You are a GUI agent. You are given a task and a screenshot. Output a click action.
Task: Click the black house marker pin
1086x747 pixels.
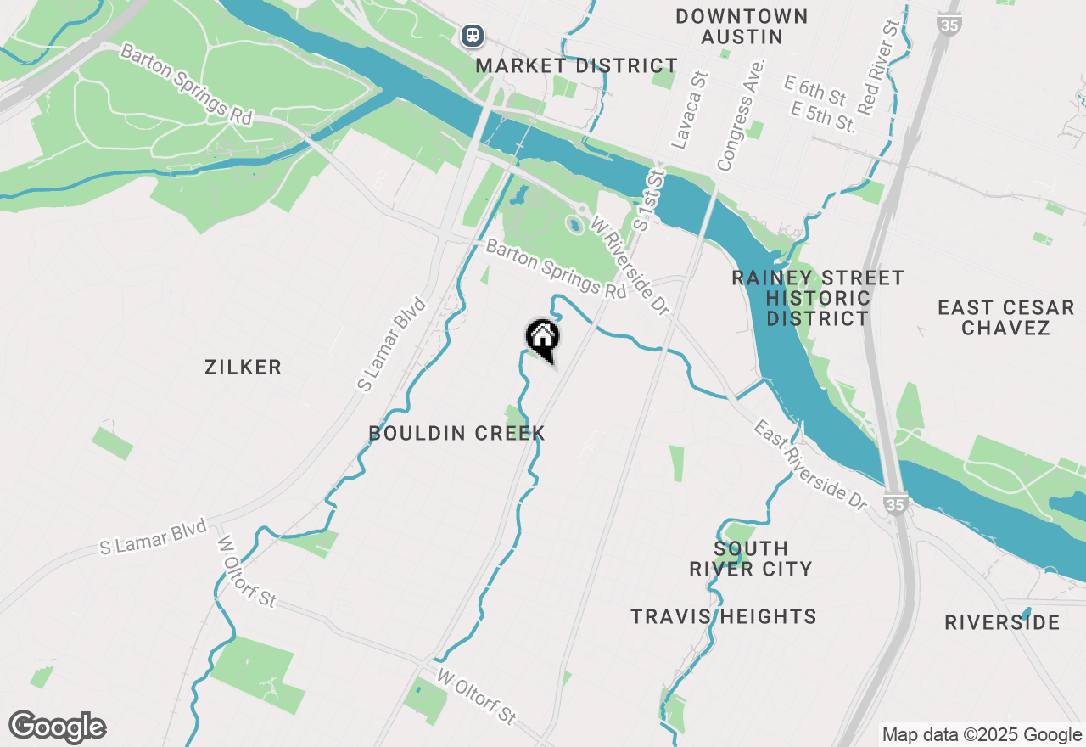tap(542, 338)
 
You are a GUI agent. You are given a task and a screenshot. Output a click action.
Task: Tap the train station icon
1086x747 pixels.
tap(472, 36)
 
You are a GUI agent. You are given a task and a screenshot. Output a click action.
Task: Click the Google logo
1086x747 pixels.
tap(57, 727)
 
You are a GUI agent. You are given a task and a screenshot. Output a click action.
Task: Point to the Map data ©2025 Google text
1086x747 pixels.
tap(982, 734)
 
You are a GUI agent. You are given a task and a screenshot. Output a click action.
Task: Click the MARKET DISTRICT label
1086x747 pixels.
tap(576, 65)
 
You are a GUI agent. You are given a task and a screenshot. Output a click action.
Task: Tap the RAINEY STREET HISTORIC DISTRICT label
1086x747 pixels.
tap(817, 298)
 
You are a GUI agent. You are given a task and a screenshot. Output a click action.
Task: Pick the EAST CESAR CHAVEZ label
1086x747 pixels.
tap(1005, 317)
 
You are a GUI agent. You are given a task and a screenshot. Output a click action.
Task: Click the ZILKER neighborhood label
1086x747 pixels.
tap(243, 367)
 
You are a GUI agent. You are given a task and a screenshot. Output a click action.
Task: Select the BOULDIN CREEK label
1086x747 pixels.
tap(456, 433)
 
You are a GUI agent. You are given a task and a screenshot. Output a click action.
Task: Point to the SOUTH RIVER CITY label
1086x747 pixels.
tap(751, 559)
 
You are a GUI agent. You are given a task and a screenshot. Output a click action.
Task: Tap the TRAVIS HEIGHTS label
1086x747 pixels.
tap(723, 616)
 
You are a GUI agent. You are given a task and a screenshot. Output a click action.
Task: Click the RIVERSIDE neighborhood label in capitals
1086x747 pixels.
tap(1002, 622)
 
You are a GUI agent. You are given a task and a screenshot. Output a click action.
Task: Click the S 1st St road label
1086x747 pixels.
tap(649, 199)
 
